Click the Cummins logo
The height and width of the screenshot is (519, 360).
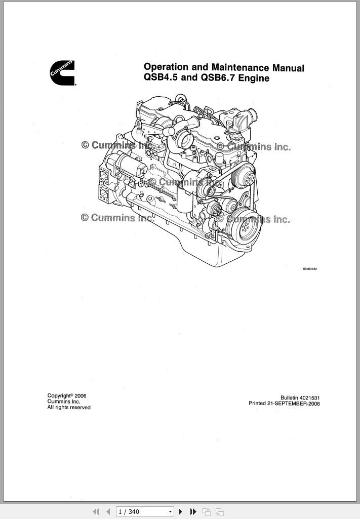pos(63,73)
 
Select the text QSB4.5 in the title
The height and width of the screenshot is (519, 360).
pos(161,77)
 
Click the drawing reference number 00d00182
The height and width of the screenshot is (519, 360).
pos(310,269)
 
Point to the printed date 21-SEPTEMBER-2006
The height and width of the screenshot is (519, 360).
pos(294,404)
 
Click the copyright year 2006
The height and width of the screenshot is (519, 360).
pos(81,395)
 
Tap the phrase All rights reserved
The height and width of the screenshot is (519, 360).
pos(69,408)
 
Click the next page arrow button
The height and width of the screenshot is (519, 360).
pos(180,511)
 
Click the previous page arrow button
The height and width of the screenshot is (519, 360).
pos(108,511)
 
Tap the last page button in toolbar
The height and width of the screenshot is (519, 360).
pos(193,511)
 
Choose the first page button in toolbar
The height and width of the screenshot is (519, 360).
pos(96,511)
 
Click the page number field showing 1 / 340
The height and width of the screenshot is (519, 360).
pos(142,511)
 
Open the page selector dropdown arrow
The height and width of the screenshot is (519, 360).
pos(171,511)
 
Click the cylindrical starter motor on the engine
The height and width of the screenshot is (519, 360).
pos(128,164)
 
